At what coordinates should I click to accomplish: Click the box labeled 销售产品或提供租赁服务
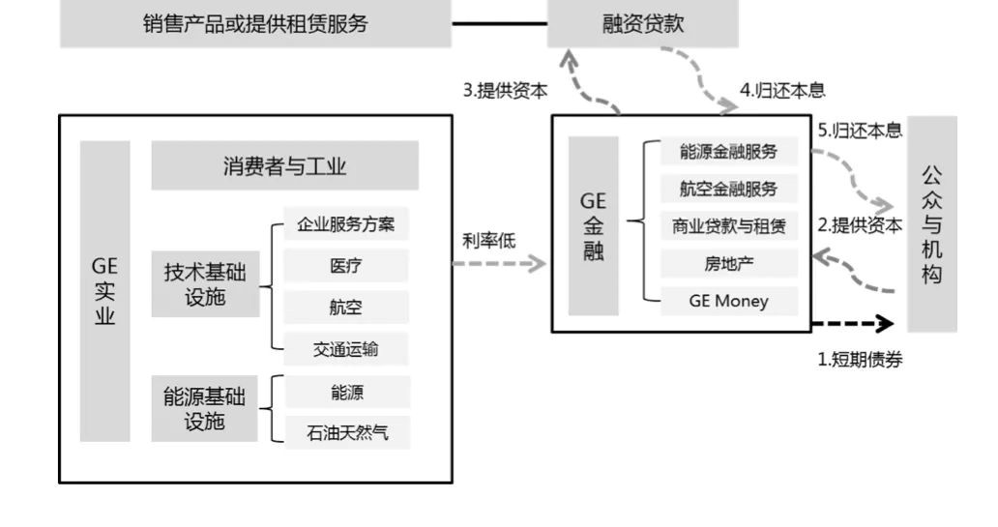pyautogui.click(x=255, y=24)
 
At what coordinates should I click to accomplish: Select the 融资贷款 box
pyautogui.click(x=642, y=24)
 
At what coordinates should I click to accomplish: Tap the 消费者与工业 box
pyautogui.click(x=284, y=166)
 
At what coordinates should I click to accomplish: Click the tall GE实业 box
pyautogui.click(x=104, y=291)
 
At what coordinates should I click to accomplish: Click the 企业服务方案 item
pyautogui.click(x=346, y=226)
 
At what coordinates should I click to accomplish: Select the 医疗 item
pyautogui.click(x=346, y=267)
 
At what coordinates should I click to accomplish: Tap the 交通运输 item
pyautogui.click(x=346, y=349)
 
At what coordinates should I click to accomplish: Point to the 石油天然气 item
pyautogui.click(x=346, y=432)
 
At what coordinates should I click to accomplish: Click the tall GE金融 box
pyautogui.click(x=593, y=226)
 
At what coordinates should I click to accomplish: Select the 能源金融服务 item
pyautogui.click(x=729, y=152)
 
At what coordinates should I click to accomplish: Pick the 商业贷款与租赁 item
pyautogui.click(x=729, y=226)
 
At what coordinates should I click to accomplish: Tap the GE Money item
pyautogui.click(x=729, y=301)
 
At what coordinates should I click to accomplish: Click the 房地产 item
pyautogui.click(x=729, y=263)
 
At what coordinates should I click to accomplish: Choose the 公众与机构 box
pyautogui.click(x=931, y=224)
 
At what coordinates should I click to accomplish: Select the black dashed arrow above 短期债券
pyautogui.click(x=853, y=323)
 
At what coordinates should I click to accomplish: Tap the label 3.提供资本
pyautogui.click(x=505, y=91)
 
